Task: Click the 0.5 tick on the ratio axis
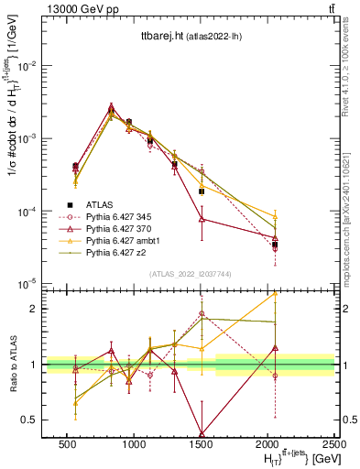[x=32, y=420]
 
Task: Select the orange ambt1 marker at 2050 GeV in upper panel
[x=275, y=216]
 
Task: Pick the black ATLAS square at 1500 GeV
[x=202, y=191]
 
